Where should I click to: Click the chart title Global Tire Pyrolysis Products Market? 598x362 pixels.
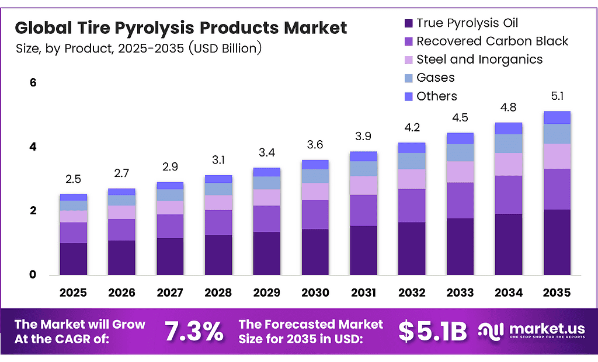(x=180, y=27)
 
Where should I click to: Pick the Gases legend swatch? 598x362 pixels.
(x=407, y=78)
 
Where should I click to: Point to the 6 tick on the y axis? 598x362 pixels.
(x=33, y=83)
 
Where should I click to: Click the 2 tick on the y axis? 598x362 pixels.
(x=33, y=211)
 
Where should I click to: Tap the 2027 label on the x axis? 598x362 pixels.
(x=169, y=292)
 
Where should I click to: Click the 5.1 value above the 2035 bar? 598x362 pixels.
(x=557, y=96)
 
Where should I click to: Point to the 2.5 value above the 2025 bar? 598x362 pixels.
(x=74, y=179)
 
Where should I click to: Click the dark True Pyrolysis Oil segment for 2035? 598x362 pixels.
(x=557, y=242)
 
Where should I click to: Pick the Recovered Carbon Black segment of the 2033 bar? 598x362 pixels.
(x=460, y=200)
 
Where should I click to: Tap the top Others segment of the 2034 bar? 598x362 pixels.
(x=509, y=128)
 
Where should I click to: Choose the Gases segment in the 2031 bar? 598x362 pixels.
(x=364, y=169)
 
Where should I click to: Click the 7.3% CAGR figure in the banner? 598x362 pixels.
(x=194, y=331)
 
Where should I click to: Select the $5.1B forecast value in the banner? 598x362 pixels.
(x=433, y=331)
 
